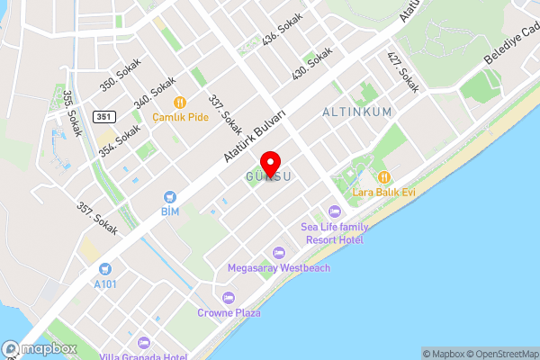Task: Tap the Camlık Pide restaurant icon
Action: tap(179, 103)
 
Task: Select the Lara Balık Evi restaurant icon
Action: tap(384, 175)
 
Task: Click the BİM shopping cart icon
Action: tap(169, 197)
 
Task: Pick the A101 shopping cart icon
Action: tap(105, 268)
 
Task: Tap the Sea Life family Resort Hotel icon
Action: tap(335, 212)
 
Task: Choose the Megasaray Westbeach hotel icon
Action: tap(278, 252)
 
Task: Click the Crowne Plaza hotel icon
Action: tap(228, 298)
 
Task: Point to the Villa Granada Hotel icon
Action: tap(144, 342)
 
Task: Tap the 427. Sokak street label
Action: tap(402, 73)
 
